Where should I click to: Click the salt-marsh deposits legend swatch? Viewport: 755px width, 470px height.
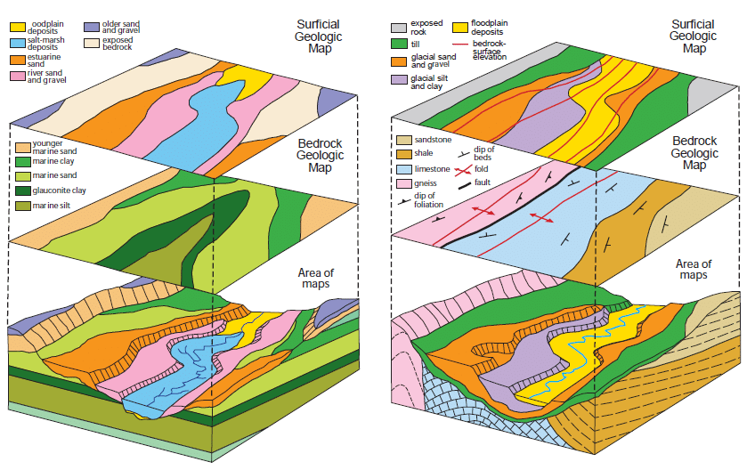pos(16,42)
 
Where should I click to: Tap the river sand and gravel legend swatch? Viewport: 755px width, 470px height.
pos(16,76)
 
